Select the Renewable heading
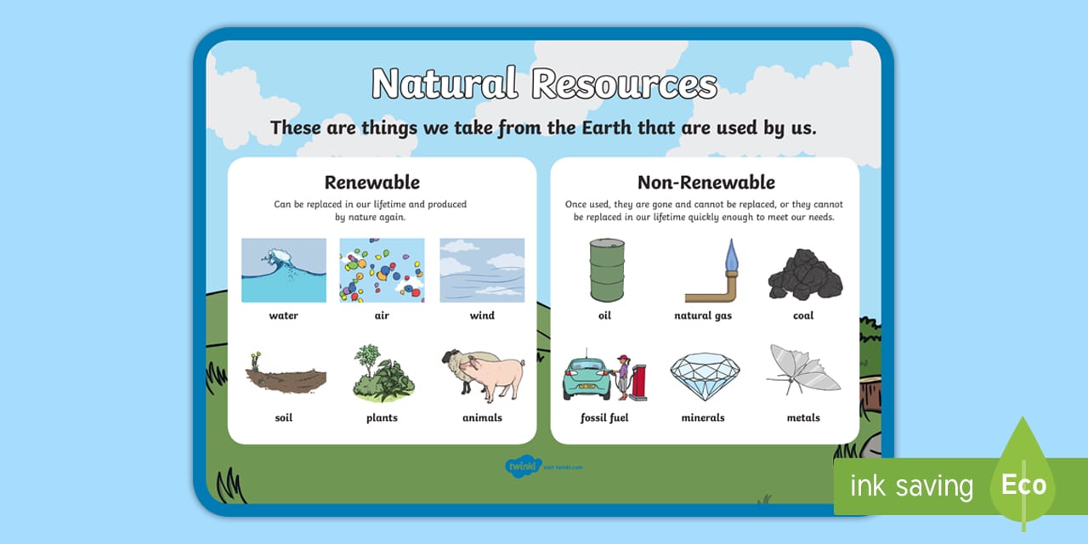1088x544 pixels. pos(371,182)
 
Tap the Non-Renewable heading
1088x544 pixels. pos(705,182)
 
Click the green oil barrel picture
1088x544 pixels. pos(606,269)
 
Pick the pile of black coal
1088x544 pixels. pos(804,275)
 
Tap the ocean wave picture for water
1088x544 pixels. pos(284,270)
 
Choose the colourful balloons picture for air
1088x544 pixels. pos(382,270)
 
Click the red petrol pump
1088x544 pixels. pos(637,378)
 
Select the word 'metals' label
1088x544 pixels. pos(803,417)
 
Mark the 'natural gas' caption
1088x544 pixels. pos(703,315)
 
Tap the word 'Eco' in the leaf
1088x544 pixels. pos(1023,485)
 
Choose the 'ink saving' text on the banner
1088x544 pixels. pos(911,486)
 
